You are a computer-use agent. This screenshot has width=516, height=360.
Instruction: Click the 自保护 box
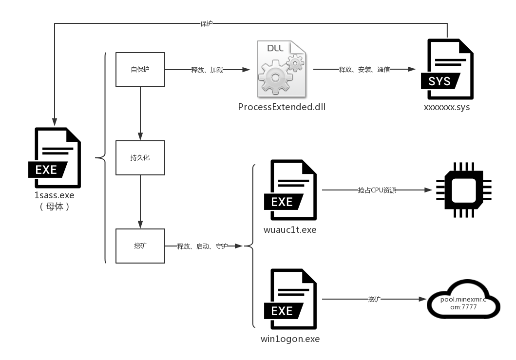(140, 70)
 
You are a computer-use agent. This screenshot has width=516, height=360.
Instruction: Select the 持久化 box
(140, 158)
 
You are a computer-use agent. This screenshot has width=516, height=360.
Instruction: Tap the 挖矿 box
(140, 246)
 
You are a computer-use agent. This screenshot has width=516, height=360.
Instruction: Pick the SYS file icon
(447, 70)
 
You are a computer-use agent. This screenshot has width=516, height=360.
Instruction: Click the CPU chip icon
(463, 190)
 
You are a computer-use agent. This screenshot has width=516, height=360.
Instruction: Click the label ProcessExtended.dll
(282, 107)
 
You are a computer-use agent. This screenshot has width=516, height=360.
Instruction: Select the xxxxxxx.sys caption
(447, 107)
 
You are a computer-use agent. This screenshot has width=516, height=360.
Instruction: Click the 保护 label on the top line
(207, 23)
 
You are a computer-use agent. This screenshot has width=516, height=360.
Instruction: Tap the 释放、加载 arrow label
(207, 70)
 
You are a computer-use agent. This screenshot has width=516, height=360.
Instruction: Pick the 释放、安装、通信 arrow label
(364, 70)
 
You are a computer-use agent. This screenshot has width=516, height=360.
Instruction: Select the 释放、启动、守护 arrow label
(202, 246)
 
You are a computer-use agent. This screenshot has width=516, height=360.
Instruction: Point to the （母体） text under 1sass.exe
(55, 206)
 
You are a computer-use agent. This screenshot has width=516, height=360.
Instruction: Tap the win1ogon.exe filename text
(290, 339)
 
